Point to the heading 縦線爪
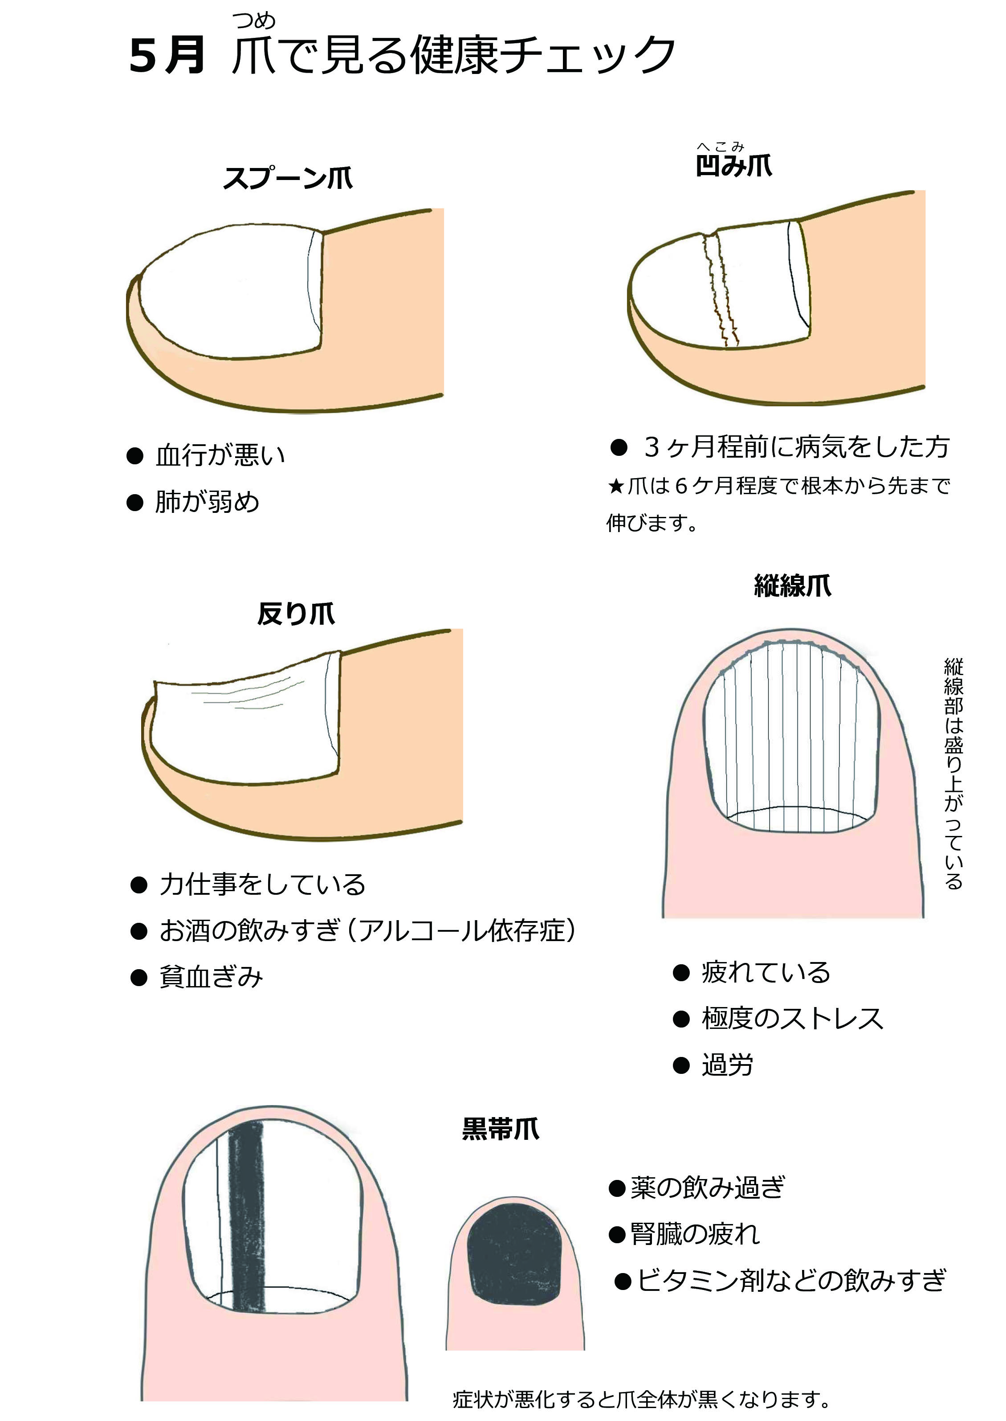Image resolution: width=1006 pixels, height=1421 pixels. point(792,585)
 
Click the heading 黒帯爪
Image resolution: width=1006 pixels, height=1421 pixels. point(501,1129)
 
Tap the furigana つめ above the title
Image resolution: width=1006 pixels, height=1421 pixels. point(254,21)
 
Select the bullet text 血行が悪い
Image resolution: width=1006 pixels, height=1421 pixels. point(220,455)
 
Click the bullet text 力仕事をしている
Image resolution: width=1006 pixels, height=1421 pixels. point(263,885)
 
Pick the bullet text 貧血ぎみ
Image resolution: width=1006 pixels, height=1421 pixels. point(211,977)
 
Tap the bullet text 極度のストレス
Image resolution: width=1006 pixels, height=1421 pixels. point(792,1019)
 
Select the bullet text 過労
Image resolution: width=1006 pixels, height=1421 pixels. point(727,1065)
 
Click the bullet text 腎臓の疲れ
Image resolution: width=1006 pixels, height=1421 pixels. point(695,1234)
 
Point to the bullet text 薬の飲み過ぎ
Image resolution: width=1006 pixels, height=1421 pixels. point(708,1188)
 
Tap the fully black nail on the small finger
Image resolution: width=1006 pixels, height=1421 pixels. point(514,1254)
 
